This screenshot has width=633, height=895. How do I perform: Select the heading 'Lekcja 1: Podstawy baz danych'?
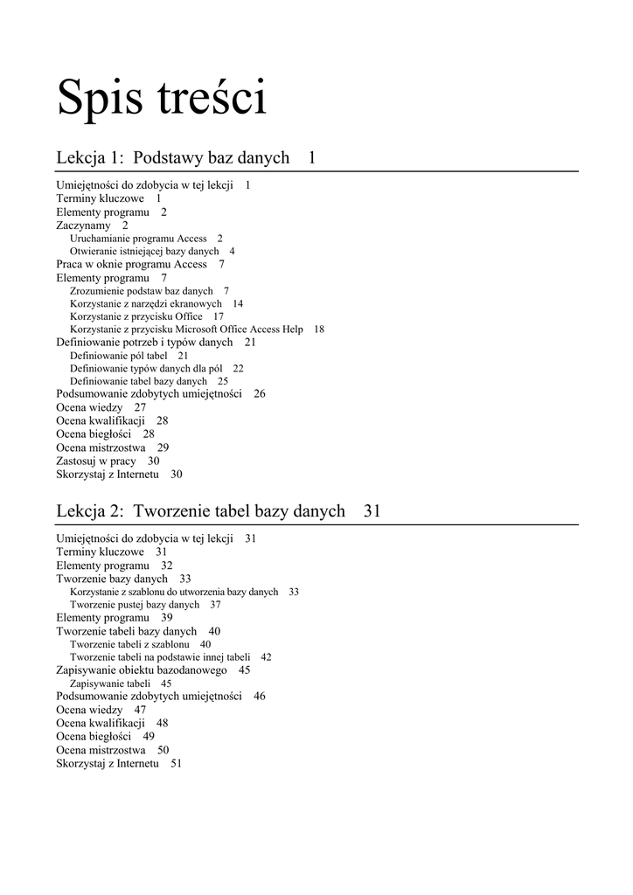[173, 158]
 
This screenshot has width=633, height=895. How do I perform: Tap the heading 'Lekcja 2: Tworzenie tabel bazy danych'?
[201, 511]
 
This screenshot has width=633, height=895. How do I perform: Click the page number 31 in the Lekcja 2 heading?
[372, 511]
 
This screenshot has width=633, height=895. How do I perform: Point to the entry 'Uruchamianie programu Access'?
[138, 238]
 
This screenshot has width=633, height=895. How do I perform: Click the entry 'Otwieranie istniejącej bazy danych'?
[144, 251]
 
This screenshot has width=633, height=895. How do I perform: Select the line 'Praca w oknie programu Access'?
[132, 264]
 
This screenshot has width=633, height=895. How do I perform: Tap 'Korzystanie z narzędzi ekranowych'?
[145, 303]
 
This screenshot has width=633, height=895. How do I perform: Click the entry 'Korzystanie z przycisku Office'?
[136, 316]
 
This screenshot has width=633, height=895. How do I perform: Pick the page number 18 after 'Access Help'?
[318, 330]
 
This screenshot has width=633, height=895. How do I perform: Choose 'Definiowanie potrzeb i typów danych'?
[144, 343]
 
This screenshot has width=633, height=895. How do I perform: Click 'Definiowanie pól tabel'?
[118, 356]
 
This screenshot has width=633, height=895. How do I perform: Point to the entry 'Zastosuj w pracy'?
[96, 461]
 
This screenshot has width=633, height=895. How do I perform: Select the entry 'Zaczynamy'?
[84, 225]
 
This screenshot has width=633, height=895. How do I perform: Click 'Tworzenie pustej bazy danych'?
[135, 605]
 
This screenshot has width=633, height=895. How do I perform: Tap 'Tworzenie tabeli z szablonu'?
[129, 644]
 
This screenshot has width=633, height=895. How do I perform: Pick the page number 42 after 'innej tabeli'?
[266, 657]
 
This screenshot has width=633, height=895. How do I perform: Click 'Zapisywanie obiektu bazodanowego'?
[142, 670]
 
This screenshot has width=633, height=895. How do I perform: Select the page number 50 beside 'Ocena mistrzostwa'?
[163, 750]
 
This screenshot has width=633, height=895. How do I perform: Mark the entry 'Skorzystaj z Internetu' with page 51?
[108, 763]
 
